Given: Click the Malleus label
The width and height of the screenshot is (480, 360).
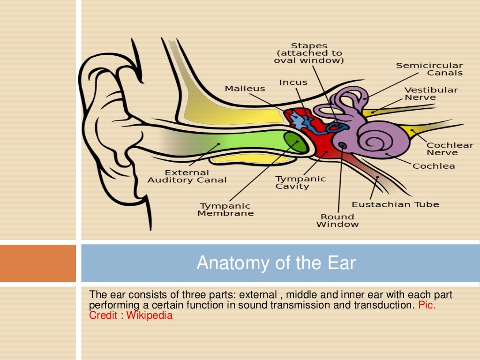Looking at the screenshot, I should pos(245,89).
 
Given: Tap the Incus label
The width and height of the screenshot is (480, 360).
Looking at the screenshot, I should pos(293,82).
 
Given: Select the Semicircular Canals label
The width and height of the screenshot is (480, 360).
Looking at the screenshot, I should pos(429,69).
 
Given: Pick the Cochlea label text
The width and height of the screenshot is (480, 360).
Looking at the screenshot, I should pos(434,166).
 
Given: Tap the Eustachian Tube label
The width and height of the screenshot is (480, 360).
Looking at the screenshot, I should pos(395,204).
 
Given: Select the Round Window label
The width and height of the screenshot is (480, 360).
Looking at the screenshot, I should pos(337,220).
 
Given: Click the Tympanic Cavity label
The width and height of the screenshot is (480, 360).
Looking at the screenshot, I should pos(300,182).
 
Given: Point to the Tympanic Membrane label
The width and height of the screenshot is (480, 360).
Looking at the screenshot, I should pos(225,210).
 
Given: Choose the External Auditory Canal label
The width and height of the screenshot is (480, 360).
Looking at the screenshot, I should pos(187,176).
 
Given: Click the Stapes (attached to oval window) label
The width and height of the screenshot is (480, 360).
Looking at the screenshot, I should pos(309,53).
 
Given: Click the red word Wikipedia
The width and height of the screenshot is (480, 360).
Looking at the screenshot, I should pos(150,315).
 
